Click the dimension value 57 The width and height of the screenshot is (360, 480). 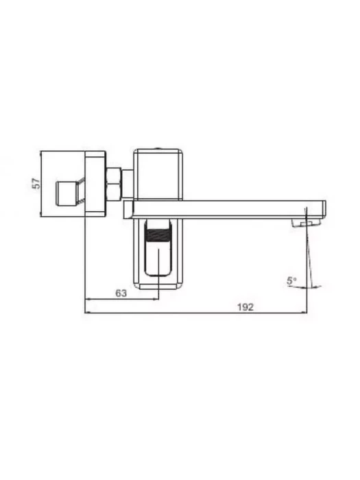coord(36,183)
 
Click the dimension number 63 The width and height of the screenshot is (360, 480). coord(121,293)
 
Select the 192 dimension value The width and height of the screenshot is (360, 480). coord(245,307)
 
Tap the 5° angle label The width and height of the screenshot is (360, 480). coord(291,280)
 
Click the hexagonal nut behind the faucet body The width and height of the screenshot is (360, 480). coord(114,184)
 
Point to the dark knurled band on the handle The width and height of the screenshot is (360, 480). coord(158,235)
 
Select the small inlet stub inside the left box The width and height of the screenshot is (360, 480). coord(67,193)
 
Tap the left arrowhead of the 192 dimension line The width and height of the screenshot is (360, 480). coord(87,313)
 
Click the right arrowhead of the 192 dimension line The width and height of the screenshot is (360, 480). coord(304,313)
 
